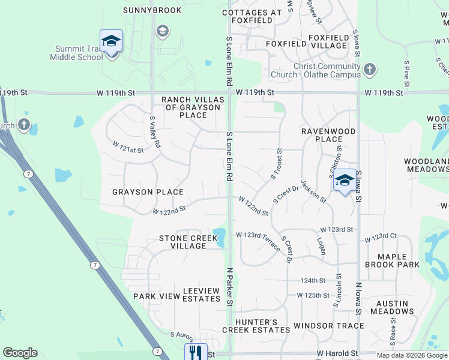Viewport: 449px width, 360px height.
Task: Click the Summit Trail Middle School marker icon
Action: (111, 41)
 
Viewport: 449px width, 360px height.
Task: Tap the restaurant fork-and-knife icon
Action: (196, 352)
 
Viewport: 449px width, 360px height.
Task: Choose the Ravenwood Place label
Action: (328, 135)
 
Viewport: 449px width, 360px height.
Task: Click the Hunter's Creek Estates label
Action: (256, 326)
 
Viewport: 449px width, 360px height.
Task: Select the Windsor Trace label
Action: (329, 326)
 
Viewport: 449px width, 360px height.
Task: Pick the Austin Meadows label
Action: (392, 307)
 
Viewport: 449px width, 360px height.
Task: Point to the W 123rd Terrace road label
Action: (258, 238)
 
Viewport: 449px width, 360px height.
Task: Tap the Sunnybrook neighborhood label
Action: (143, 10)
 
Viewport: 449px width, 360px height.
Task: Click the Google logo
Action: (20, 353)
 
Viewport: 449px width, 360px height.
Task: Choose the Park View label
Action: (157, 296)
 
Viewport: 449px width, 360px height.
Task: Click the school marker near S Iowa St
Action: (344, 180)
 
